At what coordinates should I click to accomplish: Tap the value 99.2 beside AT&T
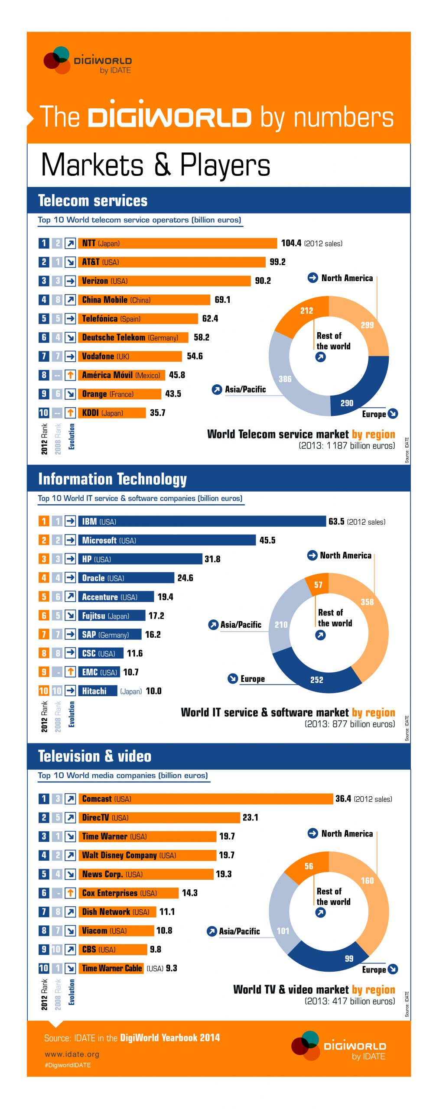coord(277,262)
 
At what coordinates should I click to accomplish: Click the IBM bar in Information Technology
coord(202,521)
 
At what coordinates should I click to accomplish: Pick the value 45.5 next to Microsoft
coord(267,540)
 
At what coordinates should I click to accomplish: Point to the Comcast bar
coord(205,798)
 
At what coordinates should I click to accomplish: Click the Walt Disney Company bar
coord(147,855)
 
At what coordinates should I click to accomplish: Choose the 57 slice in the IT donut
coord(318,584)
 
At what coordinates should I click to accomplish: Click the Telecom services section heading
coord(93,201)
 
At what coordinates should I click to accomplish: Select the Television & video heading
coord(94,756)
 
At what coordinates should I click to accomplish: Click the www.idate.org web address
coord(72,1054)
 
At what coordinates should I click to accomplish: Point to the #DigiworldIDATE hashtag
coord(68,1065)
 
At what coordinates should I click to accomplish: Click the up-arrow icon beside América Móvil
coord(70,375)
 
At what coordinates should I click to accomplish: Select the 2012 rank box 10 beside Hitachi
coord(44,691)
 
